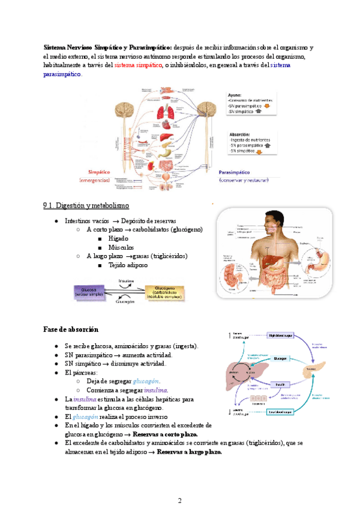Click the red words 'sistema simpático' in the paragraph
click(x=138, y=65)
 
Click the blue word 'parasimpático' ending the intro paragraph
click(x=62, y=74)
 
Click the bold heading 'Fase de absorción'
click(x=71, y=330)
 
